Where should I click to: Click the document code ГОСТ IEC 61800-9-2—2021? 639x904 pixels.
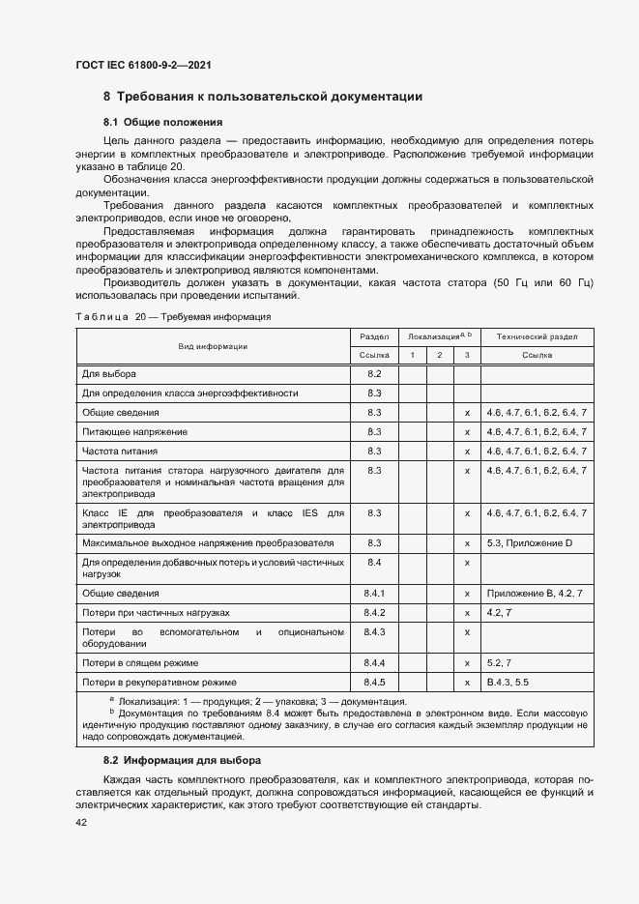[x=143, y=65]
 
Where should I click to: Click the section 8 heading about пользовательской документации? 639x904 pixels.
[x=262, y=97]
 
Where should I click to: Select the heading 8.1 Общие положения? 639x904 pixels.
[x=163, y=123]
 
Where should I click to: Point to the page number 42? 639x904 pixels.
[x=81, y=822]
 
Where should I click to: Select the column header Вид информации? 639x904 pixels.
[x=213, y=345]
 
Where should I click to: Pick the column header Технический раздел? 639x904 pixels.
[x=537, y=335]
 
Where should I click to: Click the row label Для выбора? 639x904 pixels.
[x=109, y=373]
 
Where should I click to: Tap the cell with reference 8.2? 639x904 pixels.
[x=375, y=373]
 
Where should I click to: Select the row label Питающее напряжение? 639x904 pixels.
[x=134, y=431]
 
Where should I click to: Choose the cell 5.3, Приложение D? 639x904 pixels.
[x=530, y=543]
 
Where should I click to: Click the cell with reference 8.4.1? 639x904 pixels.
[x=375, y=593]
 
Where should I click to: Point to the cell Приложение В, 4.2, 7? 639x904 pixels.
[x=536, y=593]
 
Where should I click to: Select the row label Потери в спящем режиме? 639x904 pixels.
[x=140, y=662]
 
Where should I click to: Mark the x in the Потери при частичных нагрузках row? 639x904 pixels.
[x=467, y=613]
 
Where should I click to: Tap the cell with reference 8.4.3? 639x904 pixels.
[x=375, y=632]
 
